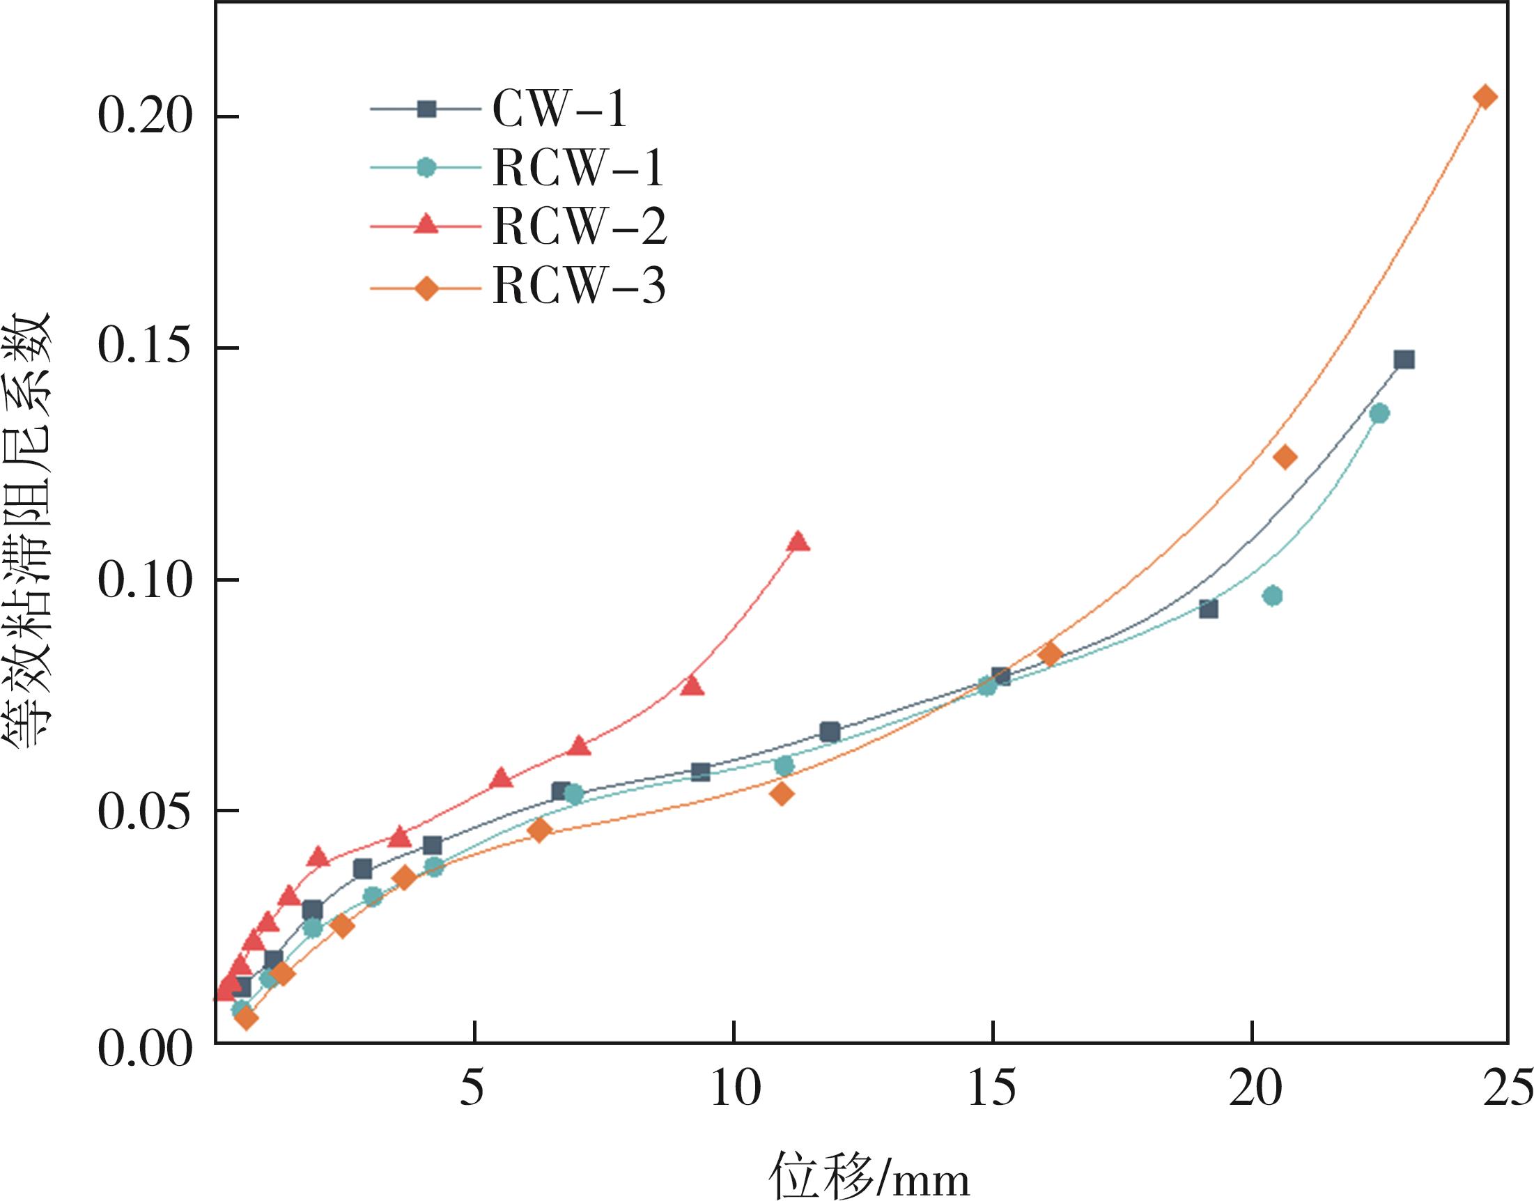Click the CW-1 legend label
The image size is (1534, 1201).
coord(559,109)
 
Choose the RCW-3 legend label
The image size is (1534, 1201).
coord(579,286)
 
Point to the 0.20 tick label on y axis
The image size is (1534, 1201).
coord(144,116)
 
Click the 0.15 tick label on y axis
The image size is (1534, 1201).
coord(144,348)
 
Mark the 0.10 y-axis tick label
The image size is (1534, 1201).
coord(144,580)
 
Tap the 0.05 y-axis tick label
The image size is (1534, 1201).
coord(144,812)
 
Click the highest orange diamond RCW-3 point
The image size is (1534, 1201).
coord(1485,97)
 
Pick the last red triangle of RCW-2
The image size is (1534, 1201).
coord(798,541)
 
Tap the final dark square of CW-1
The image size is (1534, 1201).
coord(1404,360)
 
